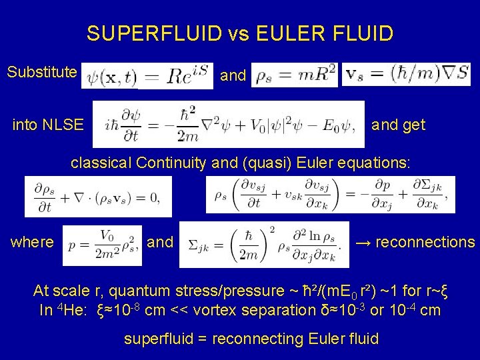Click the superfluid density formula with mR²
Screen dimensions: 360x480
click(x=295, y=75)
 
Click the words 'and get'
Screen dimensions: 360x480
click(x=398, y=125)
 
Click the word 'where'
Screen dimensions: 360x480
click(x=31, y=242)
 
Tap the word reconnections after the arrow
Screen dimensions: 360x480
click(x=425, y=242)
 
